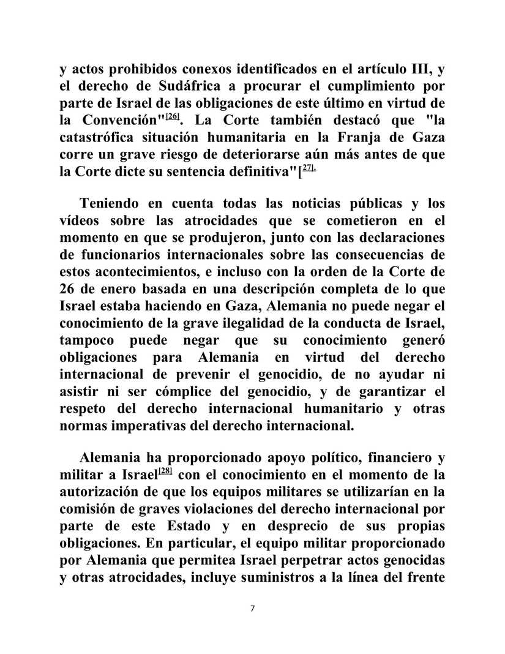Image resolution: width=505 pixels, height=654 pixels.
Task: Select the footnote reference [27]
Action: (x=308, y=167)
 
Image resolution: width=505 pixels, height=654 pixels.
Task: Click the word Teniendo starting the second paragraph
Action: (x=113, y=203)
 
